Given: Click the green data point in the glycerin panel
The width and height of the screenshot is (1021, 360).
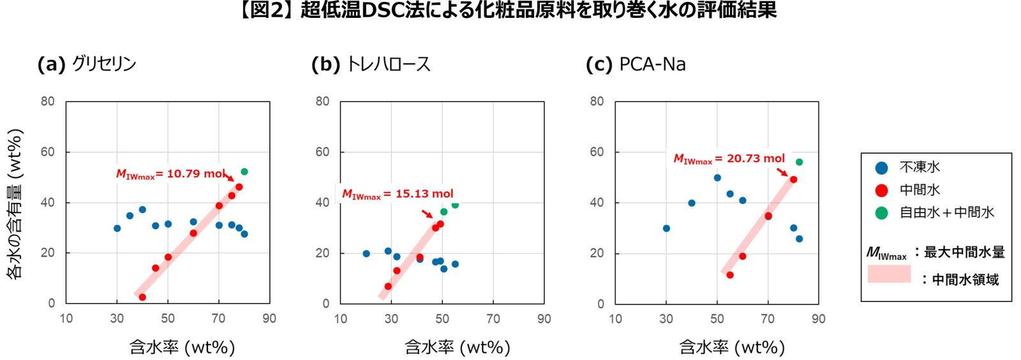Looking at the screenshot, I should (244, 172).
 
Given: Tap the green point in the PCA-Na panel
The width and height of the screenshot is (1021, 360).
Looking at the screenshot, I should (799, 162).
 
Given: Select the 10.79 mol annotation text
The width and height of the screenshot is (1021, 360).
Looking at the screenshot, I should (170, 174).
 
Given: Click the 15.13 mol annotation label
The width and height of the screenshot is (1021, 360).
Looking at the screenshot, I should (398, 194).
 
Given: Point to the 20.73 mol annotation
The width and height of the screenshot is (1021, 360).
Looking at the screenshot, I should (729, 159).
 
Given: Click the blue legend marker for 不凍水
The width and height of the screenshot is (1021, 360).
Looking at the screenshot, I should (881, 168).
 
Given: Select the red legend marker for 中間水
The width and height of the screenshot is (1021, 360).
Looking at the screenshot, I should (881, 190).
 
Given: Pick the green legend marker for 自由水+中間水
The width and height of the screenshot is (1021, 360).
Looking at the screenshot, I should (881, 213).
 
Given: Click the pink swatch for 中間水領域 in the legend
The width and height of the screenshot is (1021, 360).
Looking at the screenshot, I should (888, 274).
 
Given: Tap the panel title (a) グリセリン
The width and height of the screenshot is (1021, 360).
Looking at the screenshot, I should (87, 64).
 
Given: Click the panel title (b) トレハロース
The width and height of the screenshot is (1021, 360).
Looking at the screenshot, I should (371, 64).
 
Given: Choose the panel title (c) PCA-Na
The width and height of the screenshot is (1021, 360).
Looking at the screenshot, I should (636, 64).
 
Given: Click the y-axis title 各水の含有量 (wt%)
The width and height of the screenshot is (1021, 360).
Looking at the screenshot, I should (15, 203).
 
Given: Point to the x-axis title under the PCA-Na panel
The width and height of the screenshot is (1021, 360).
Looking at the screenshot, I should (731, 347).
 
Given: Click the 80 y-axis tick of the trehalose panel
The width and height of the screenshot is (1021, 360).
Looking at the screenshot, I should (322, 101).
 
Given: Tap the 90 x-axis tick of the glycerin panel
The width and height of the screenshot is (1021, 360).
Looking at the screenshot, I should (269, 319).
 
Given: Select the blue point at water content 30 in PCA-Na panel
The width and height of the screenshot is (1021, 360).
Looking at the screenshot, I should (666, 229).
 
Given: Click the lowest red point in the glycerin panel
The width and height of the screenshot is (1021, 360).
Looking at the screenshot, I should (142, 297).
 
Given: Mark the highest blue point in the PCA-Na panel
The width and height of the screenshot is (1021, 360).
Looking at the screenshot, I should (717, 178).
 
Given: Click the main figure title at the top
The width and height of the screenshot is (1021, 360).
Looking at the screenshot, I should (508, 11).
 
